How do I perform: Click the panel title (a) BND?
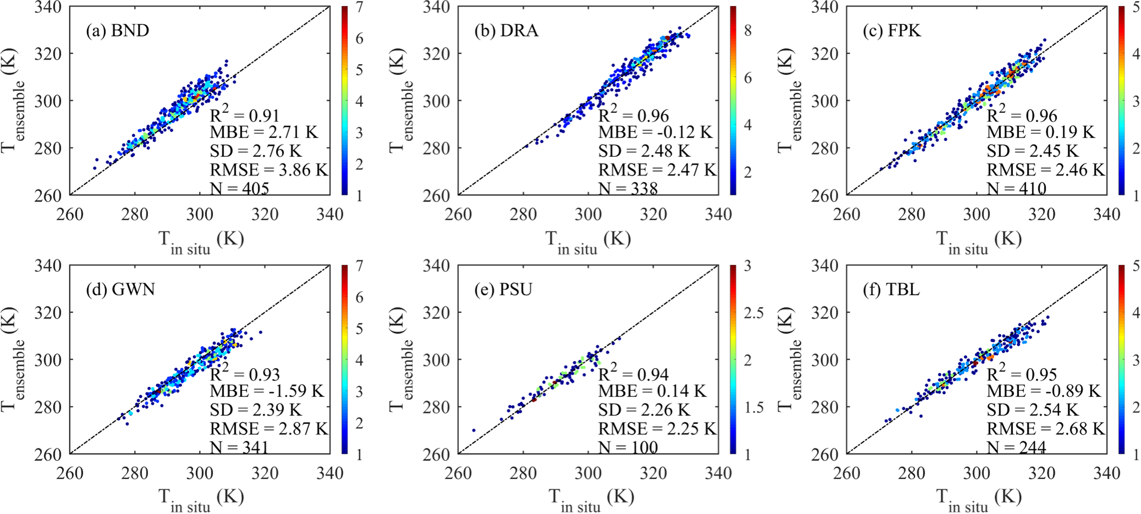(x=117, y=30)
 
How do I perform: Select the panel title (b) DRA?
(x=506, y=30)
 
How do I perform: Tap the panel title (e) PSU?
(x=503, y=289)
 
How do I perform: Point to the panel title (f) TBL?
(x=891, y=289)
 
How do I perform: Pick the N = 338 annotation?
(x=628, y=189)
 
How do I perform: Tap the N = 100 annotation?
(x=628, y=447)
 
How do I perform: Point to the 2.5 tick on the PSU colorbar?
(x=753, y=313)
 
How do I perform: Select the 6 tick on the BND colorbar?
(x=359, y=38)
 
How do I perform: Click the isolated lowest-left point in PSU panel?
(x=474, y=430)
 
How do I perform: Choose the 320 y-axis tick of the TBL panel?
(x=825, y=312)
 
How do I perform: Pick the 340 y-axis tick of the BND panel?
(x=51, y=8)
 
